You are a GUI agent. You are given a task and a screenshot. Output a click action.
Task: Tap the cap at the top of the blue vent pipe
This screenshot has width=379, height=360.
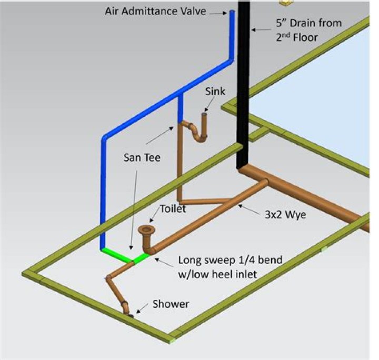pyautogui.click(x=232, y=12)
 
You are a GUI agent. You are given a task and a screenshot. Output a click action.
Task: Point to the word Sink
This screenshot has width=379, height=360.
pyautogui.click(x=215, y=92)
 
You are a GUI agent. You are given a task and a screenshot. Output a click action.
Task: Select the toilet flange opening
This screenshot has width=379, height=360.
pyautogui.click(x=146, y=229)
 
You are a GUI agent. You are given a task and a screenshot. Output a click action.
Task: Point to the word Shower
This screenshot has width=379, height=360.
pyautogui.click(x=171, y=304)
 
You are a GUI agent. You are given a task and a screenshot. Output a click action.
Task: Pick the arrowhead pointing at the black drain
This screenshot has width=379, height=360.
pyautogui.click(x=253, y=30)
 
